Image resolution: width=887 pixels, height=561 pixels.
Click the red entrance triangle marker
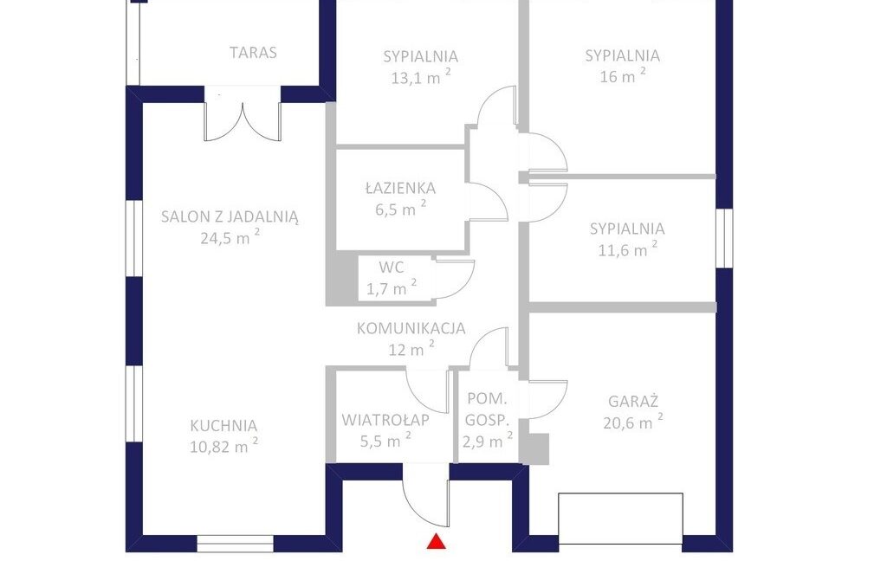point(437,541)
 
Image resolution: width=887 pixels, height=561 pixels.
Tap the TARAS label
point(254,53)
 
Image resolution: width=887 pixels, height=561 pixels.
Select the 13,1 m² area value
point(421,77)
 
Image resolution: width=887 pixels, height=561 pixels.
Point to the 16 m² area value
point(622,76)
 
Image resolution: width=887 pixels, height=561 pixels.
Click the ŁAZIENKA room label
point(400,188)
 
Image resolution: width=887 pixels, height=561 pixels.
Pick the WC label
point(392,267)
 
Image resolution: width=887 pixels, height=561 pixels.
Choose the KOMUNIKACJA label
point(411,328)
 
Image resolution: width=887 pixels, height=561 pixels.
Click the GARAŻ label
point(633,402)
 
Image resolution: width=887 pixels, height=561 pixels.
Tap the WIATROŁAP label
point(385,420)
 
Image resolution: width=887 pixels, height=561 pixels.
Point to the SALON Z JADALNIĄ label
point(230,216)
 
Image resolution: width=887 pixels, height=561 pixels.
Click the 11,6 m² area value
point(628,249)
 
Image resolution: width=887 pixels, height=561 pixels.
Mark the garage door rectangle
point(620,519)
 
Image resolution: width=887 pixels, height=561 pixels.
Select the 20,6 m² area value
point(633,422)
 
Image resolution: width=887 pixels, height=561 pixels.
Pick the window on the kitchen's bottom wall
point(236,544)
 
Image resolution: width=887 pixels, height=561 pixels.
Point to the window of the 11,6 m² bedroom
point(724,237)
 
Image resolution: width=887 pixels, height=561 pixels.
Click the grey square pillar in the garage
point(534,448)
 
